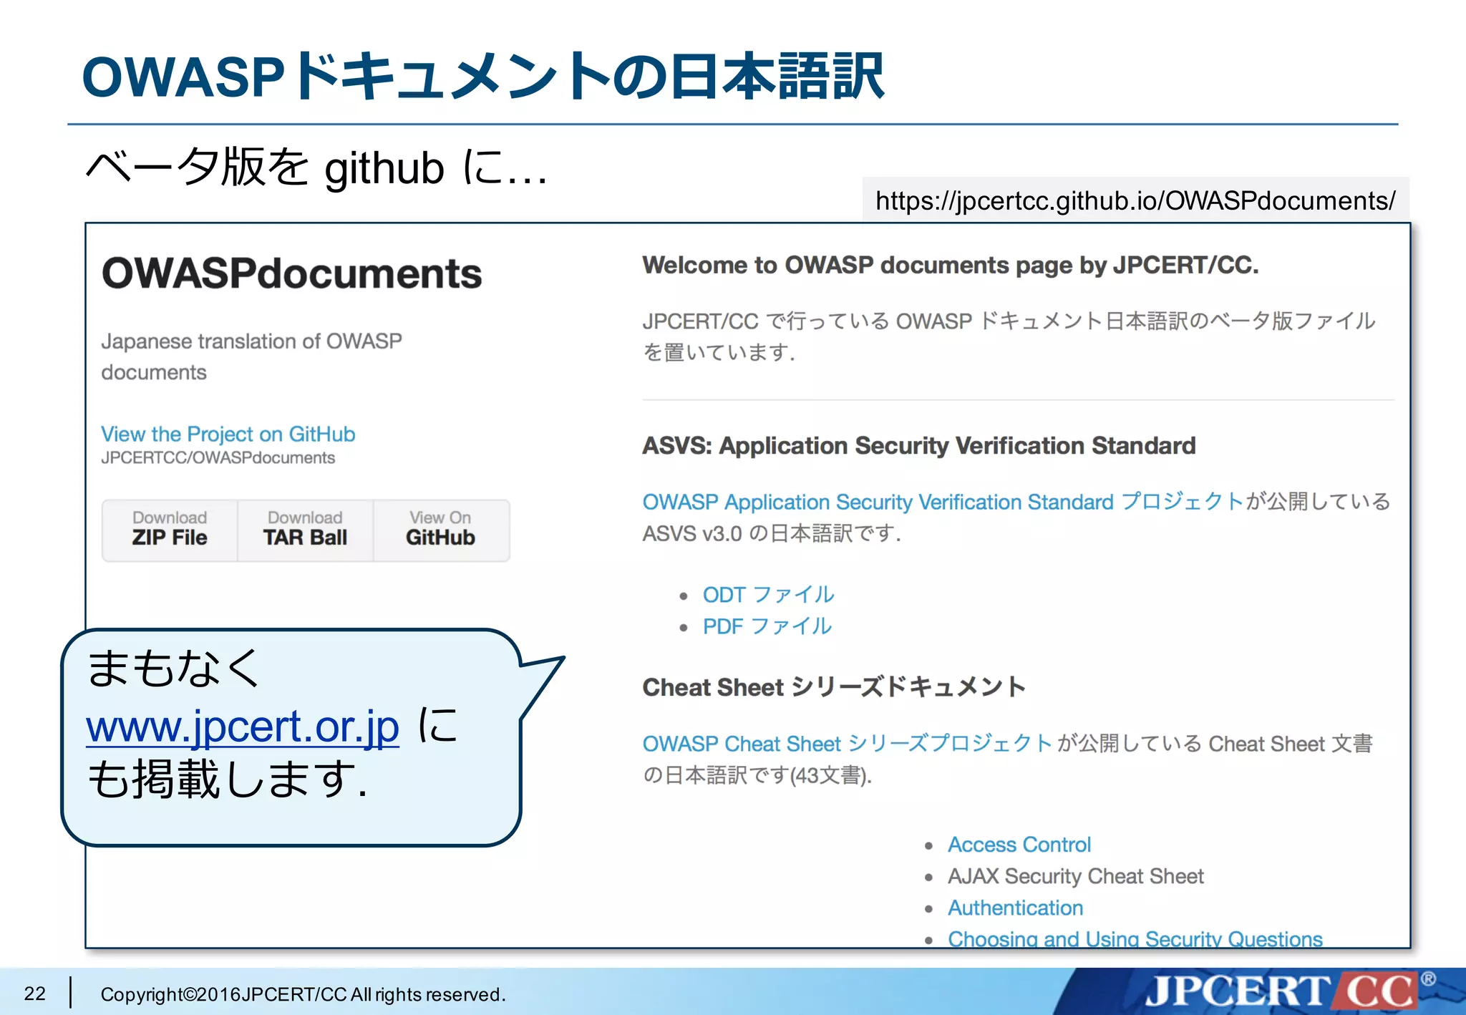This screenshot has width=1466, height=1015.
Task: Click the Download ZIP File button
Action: click(170, 529)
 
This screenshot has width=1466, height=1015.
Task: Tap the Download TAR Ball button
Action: click(305, 529)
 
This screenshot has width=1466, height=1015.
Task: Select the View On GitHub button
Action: click(440, 529)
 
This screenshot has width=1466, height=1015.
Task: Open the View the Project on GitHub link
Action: click(228, 434)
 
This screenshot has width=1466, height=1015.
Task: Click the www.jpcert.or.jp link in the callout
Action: click(243, 727)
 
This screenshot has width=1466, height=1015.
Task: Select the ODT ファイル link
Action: click(768, 594)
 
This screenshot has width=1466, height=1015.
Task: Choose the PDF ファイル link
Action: click(767, 626)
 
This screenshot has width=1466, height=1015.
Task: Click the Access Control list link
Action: click(1019, 845)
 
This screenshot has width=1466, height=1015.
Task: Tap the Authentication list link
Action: click(1015, 908)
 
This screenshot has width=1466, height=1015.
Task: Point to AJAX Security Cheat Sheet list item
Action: click(1075, 876)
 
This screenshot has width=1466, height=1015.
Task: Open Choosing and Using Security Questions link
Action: click(1135, 938)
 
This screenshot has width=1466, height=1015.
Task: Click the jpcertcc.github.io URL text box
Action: click(1135, 200)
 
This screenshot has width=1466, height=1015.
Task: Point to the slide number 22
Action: click(34, 994)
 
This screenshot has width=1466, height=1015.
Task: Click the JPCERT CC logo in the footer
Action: click(1281, 991)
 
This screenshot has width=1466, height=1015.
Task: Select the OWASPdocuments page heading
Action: click(292, 273)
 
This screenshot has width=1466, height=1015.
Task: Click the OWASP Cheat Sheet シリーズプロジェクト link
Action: click(847, 744)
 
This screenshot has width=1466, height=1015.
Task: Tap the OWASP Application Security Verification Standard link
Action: click(942, 502)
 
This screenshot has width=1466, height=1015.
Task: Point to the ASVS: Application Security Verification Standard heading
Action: click(918, 445)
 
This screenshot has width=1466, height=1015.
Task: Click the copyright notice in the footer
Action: click(303, 994)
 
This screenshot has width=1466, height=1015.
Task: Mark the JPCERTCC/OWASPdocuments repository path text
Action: click(218, 458)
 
